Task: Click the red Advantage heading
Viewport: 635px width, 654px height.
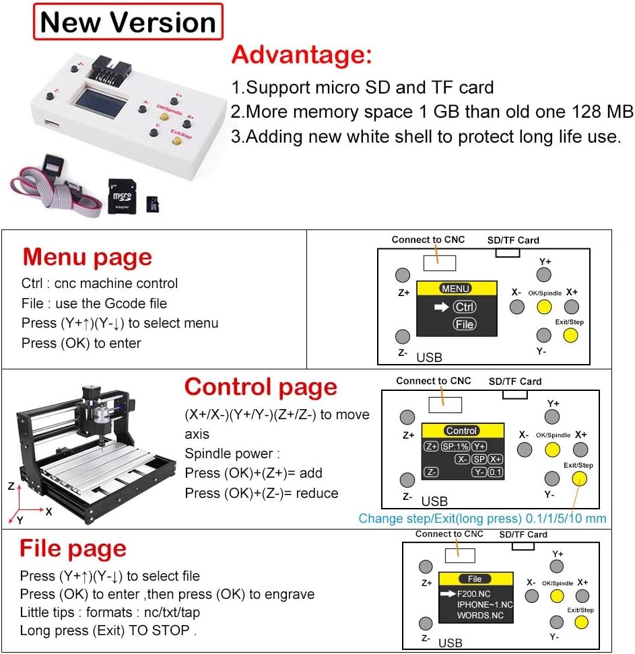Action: click(x=301, y=54)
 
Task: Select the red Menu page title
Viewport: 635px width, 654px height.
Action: click(x=87, y=257)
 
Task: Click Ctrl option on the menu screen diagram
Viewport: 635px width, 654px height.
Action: click(x=464, y=307)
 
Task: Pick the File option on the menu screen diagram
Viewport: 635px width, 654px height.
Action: click(x=464, y=324)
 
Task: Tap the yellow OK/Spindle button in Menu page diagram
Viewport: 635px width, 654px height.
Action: click(x=544, y=307)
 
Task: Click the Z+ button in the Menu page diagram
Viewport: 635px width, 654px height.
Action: click(x=402, y=275)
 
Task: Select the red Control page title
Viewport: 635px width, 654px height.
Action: click(x=261, y=387)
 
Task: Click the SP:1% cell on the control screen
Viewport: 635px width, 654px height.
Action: click(x=455, y=446)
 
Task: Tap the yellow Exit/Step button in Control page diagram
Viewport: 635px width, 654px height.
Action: click(x=578, y=478)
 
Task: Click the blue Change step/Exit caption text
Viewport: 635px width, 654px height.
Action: click(x=482, y=518)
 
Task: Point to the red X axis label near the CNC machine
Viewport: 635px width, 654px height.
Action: click(x=48, y=511)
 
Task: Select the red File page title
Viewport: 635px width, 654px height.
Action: click(x=73, y=548)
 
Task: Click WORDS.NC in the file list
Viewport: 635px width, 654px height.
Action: click(x=479, y=615)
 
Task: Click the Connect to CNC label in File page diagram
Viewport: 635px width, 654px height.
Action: click(x=449, y=534)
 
